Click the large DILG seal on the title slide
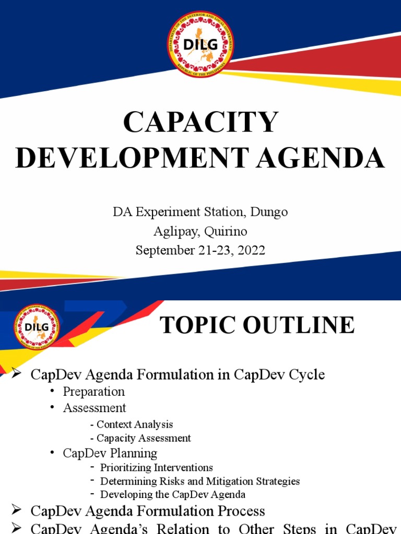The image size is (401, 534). pos(200,44)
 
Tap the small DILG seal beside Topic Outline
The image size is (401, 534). pos(37,327)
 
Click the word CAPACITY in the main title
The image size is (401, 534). pos(200,123)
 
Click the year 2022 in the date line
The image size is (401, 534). pos(251,250)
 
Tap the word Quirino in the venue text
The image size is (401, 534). pos(229,231)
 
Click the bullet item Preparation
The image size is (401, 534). pos(94,391)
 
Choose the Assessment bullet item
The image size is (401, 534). pos(95,407)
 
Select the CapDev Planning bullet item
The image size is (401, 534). pos(110,453)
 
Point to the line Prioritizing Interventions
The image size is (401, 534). pos(157,467)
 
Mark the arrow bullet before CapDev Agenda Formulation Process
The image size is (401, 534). pos(17,511)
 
